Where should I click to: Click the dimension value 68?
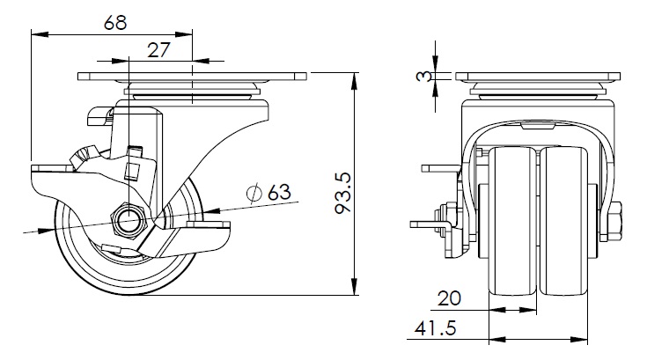click(115, 22)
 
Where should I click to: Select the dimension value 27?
click(158, 50)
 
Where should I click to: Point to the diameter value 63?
click(279, 193)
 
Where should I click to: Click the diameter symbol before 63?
click(254, 193)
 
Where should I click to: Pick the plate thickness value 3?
click(423, 77)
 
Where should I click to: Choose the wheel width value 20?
click(449, 298)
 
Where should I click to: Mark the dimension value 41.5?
click(435, 328)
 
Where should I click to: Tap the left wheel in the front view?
click(512, 221)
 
